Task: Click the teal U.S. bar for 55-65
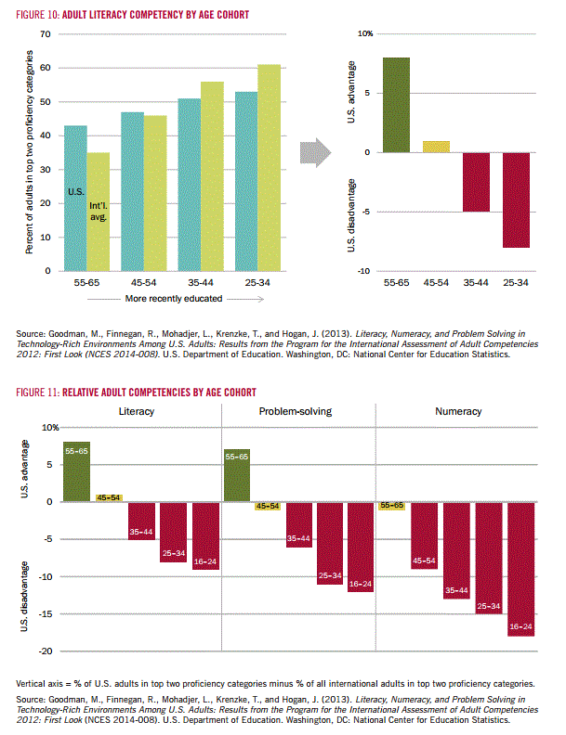click(75, 199)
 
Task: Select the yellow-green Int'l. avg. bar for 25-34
click(270, 168)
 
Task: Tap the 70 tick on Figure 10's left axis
click(46, 33)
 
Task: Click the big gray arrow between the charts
click(315, 152)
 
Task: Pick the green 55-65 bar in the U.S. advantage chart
click(396, 105)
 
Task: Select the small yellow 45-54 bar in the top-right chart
click(436, 147)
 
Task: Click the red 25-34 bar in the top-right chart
click(516, 200)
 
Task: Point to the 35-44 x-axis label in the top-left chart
click(201, 283)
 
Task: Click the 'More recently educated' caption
click(174, 299)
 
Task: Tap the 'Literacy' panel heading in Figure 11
click(136, 411)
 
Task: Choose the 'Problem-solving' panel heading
click(296, 411)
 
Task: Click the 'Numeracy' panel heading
click(458, 411)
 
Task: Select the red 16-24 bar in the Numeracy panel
click(521, 569)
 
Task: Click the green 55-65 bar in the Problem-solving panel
click(237, 475)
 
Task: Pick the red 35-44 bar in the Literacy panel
click(141, 521)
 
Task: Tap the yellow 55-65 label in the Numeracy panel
click(392, 505)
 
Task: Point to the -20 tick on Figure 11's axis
click(46, 651)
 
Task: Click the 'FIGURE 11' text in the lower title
click(37, 393)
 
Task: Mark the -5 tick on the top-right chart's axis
click(365, 212)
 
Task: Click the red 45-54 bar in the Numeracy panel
click(424, 535)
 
